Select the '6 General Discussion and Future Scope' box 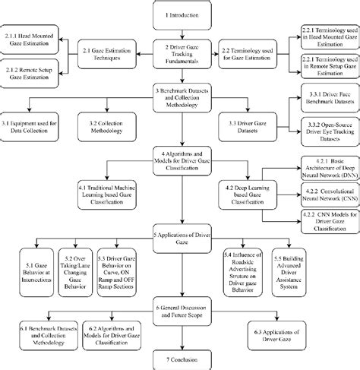179,311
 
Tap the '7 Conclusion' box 179,359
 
